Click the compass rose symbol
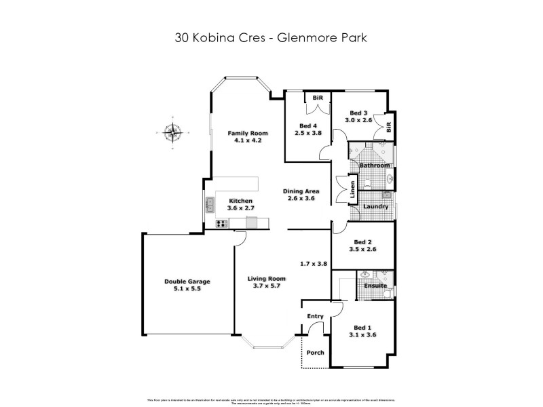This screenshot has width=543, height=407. tap(174, 134)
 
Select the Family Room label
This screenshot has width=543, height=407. tap(247, 133)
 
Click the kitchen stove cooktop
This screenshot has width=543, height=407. tap(221, 224)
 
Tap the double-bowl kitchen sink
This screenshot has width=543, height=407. tap(210, 202)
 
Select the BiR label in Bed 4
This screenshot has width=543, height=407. tap(317, 98)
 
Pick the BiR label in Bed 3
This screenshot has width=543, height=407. tap(389, 126)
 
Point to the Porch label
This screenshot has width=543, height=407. tap(315, 353)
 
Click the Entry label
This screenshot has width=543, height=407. tap(316, 316)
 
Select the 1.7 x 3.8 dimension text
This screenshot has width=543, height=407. tap(314, 264)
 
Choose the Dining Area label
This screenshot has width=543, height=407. tap(301, 191)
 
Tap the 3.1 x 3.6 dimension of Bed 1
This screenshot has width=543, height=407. tap(364, 335)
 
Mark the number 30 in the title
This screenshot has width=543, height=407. tap(181, 38)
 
